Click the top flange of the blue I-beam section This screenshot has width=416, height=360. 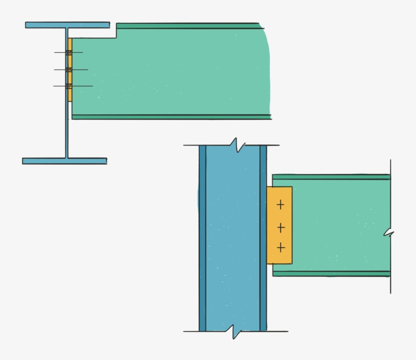click(x=67, y=24)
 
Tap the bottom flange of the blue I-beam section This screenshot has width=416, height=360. click(x=64, y=161)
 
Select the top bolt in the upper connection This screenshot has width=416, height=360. click(x=68, y=52)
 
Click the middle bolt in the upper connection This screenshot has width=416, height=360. click(x=69, y=69)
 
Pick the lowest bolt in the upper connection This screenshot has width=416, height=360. click(x=69, y=86)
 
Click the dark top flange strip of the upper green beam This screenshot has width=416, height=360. click(x=188, y=25)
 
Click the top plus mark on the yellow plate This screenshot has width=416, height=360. click(x=280, y=205)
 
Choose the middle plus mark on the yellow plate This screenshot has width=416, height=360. click(x=281, y=227)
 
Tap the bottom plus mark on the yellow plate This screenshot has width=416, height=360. click(x=281, y=248)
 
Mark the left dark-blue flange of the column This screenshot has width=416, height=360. click(x=202, y=238)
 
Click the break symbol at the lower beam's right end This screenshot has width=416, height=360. click(x=389, y=233)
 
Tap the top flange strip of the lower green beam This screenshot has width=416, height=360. click(x=331, y=177)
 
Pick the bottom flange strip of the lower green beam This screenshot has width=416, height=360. click(x=331, y=273)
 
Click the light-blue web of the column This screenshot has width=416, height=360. click(x=232, y=238)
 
